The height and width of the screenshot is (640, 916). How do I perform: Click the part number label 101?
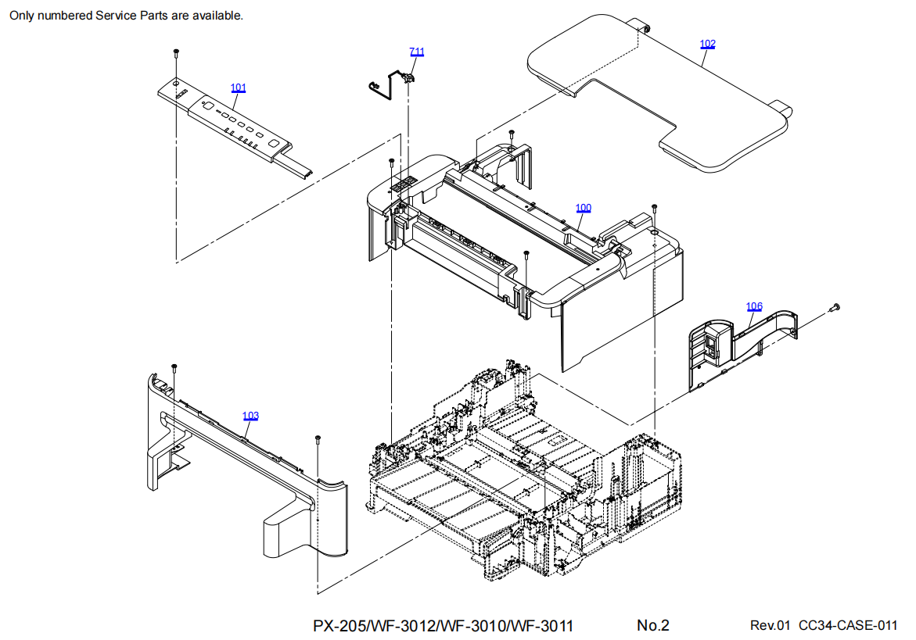tap(239, 88)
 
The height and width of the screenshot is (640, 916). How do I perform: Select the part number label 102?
tap(707, 44)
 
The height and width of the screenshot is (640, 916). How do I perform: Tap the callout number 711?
tap(416, 52)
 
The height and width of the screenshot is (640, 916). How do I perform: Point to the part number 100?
tap(583, 208)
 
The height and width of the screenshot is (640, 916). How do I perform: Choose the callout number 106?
tap(754, 306)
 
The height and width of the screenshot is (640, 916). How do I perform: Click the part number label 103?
tap(250, 416)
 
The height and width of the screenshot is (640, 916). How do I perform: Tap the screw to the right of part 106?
tap(834, 307)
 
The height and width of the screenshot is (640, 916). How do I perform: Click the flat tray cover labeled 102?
tap(660, 93)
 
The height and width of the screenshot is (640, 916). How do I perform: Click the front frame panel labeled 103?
tap(246, 467)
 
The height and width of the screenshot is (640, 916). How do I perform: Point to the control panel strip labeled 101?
tap(236, 126)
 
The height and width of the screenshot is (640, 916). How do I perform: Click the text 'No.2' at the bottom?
tap(652, 625)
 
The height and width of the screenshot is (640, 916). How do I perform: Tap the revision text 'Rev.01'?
tap(770, 625)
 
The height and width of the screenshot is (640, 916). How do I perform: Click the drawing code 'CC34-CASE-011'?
tap(848, 625)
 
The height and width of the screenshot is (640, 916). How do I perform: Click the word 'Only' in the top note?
tap(22, 16)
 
